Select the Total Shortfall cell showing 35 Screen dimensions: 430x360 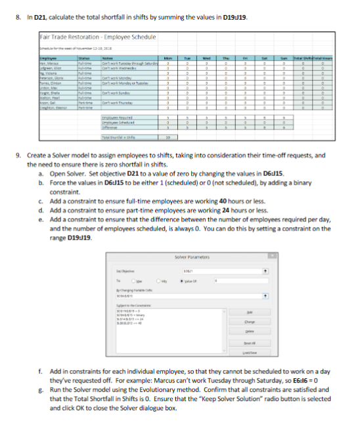168,138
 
